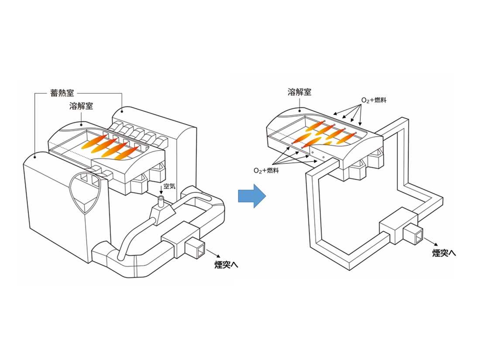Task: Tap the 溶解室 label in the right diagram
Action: tap(299, 92)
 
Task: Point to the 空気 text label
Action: tap(169, 186)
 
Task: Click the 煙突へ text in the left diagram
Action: tap(226, 264)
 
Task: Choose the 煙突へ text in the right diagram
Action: tap(444, 253)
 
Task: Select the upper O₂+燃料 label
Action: tap(374, 100)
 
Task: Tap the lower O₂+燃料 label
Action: tap(267, 170)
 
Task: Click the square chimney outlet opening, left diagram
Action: tap(193, 249)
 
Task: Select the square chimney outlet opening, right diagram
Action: tap(412, 235)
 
